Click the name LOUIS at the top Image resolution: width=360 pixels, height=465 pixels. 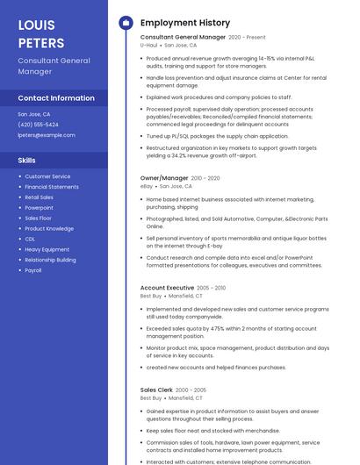(36, 25)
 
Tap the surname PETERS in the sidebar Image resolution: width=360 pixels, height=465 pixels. (40, 42)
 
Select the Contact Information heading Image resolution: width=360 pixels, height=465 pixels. (56, 98)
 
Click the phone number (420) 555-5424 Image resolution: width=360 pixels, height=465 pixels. (38, 125)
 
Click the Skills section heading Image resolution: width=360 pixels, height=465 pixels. (27, 161)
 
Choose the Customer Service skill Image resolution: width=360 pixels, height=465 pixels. (47, 176)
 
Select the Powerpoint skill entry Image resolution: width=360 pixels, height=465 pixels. (39, 208)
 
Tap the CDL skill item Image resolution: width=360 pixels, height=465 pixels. (30, 239)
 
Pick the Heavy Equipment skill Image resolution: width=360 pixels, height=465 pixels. (47, 249)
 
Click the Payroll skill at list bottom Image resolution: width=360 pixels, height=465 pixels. (33, 270)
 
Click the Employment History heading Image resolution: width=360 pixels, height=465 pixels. (185, 23)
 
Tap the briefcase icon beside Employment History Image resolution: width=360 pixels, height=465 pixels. (126, 23)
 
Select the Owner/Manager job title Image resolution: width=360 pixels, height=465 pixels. (164, 178)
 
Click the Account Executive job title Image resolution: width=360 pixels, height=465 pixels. (167, 288)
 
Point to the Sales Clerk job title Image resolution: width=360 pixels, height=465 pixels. (156, 390)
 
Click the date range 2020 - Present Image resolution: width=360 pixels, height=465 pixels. (247, 38)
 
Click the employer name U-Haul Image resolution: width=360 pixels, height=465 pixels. (148, 45)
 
